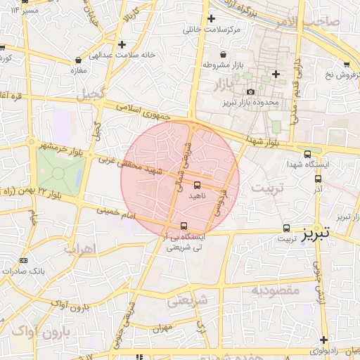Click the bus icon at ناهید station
(197, 185)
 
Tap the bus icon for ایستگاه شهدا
(307, 154)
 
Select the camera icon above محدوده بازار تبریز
(251, 91)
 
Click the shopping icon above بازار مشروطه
(224, 54)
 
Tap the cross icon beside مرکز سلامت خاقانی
(211, 19)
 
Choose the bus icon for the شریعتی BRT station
(184, 226)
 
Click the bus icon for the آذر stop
(318, 179)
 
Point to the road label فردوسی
(221, 200)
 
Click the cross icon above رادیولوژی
(323, 340)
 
